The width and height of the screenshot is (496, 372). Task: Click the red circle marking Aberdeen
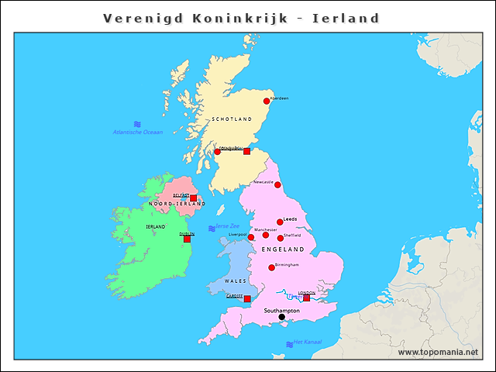[267, 101]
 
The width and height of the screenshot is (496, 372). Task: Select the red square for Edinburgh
[246, 151]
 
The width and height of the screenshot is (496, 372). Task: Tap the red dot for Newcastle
[277, 184]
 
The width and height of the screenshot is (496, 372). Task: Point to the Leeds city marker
[280, 222]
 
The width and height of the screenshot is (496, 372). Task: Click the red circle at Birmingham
[271, 267]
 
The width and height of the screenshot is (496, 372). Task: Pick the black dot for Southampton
[281, 317]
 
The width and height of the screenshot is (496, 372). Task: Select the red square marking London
[306, 298]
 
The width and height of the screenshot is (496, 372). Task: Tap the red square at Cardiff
[247, 298]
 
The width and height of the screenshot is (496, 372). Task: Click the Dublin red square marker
[187, 239]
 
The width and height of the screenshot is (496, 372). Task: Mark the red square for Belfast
[193, 198]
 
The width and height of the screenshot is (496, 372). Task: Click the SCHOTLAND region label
[232, 119]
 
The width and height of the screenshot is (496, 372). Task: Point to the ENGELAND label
[284, 250]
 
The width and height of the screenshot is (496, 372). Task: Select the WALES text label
[235, 281]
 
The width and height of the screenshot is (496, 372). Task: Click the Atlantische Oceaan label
[138, 133]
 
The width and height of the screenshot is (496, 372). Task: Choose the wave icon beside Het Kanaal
[289, 344]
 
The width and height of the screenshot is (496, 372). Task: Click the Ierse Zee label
[226, 226]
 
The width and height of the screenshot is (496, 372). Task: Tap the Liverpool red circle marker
[251, 237]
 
